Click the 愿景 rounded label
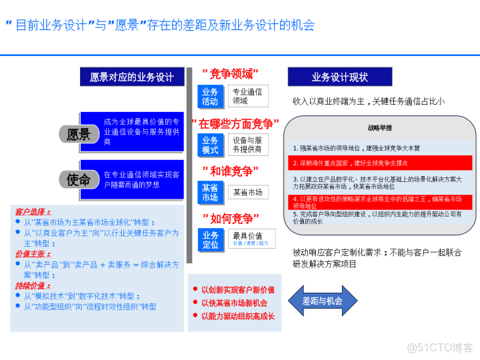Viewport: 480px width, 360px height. [x=79, y=134]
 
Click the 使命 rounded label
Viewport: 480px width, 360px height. [x=79, y=179]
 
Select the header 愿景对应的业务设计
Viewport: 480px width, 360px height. [x=132, y=77]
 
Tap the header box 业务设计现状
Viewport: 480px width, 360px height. [x=339, y=77]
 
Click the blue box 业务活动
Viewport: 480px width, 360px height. [x=210, y=97]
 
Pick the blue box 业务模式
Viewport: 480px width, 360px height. [x=210, y=145]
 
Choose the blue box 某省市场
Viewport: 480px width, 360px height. [x=210, y=193]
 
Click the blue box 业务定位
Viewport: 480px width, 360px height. [x=210, y=239]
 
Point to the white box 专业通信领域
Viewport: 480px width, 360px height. [x=247, y=96]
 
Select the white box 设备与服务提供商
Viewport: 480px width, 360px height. [x=247, y=145]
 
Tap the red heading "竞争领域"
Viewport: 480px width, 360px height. [x=230, y=73]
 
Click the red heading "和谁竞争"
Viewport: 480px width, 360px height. [x=230, y=171]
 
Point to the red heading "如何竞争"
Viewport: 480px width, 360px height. [x=230, y=219]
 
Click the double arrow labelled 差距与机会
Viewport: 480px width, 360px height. [x=322, y=301]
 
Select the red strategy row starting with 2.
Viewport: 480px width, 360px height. [x=380, y=163]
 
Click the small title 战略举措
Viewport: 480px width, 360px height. [x=379, y=127]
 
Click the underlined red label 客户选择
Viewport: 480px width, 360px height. [x=33, y=211]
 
